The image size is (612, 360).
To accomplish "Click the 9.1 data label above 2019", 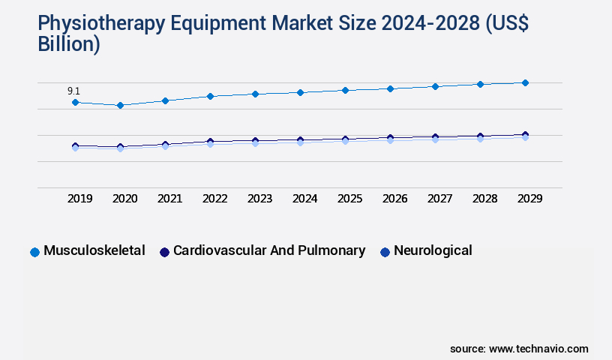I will tap(73, 91).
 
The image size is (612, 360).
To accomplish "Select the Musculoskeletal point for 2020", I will tap(120, 106).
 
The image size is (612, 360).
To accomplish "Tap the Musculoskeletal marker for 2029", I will tap(525, 82).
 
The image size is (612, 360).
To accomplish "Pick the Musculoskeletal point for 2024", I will tap(300, 92).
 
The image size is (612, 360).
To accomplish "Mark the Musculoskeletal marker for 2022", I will tap(210, 96).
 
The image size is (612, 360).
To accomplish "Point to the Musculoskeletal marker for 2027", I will tap(435, 86).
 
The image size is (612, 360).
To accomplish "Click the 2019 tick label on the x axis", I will tap(79, 199).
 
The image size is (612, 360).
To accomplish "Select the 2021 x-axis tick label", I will tap(169, 199).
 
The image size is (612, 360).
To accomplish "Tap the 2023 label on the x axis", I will tap(259, 199).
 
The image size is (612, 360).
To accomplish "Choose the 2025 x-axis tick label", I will tap(349, 199).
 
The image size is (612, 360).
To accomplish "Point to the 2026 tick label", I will tap(394, 199).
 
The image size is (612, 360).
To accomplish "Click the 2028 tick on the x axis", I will tap(484, 199).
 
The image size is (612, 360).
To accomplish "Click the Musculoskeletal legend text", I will tap(94, 250).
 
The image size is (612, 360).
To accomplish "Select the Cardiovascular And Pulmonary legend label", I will tap(269, 250).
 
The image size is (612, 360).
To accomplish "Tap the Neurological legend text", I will tap(433, 250).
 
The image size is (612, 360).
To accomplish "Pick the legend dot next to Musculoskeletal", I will tap(34, 252).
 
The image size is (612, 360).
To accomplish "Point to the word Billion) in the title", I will tap(69, 44).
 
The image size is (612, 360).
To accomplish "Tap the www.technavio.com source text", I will tap(538, 349).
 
